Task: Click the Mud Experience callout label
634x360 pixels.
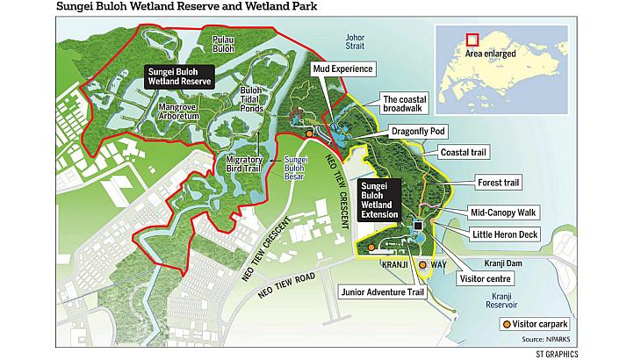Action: [x=343, y=68]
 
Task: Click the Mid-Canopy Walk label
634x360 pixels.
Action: [x=503, y=212]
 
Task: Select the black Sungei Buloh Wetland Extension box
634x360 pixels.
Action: [x=380, y=199]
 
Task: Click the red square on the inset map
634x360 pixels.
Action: [x=472, y=40]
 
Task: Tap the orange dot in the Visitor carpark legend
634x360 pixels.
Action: [x=507, y=325]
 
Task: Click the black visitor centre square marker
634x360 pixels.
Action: [x=418, y=226]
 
